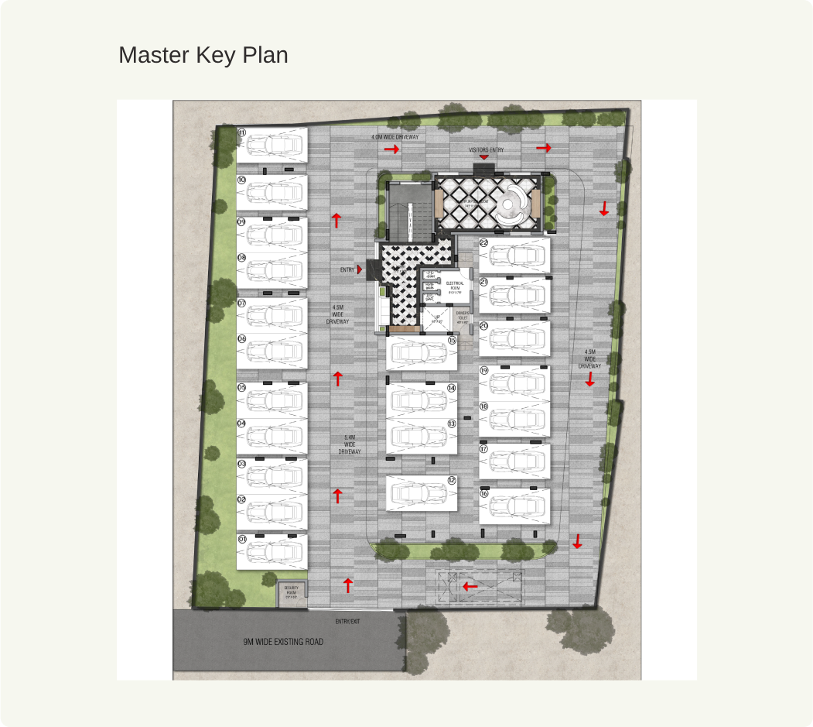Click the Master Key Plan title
coord(203,56)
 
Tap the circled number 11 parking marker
coord(241,133)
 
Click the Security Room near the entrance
coord(291,592)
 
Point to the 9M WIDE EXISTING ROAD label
coord(283,642)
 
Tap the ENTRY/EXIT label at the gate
coord(347,622)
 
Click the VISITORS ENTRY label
coord(486,149)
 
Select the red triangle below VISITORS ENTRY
coord(484,157)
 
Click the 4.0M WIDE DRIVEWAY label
coord(395,137)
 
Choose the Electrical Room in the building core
coord(455,287)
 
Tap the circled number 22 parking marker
coord(483,242)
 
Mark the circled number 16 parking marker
coord(484,493)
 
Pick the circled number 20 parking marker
coord(484,326)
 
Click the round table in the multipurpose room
coord(511,206)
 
